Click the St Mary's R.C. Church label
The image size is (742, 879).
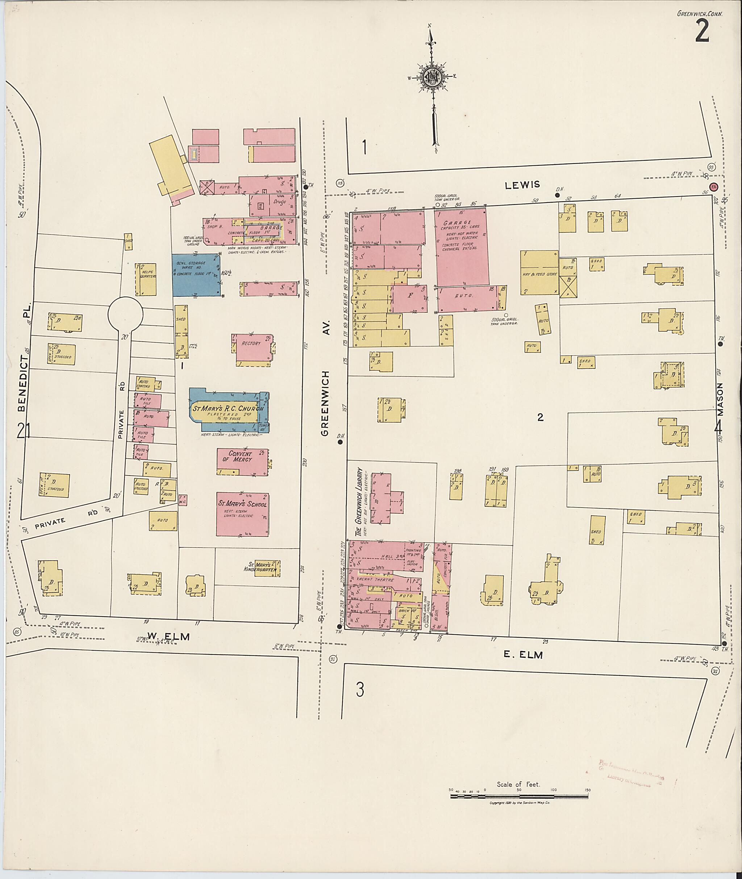tap(228, 409)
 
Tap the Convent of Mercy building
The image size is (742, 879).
tap(242, 462)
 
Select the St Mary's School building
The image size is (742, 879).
tap(242, 514)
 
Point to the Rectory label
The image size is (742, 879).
tap(251, 343)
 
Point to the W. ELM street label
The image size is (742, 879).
tap(168, 637)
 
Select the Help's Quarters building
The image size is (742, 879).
tap(146, 279)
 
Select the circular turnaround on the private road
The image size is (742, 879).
tap(125, 313)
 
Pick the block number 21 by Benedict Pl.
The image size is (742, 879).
tap(23, 431)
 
